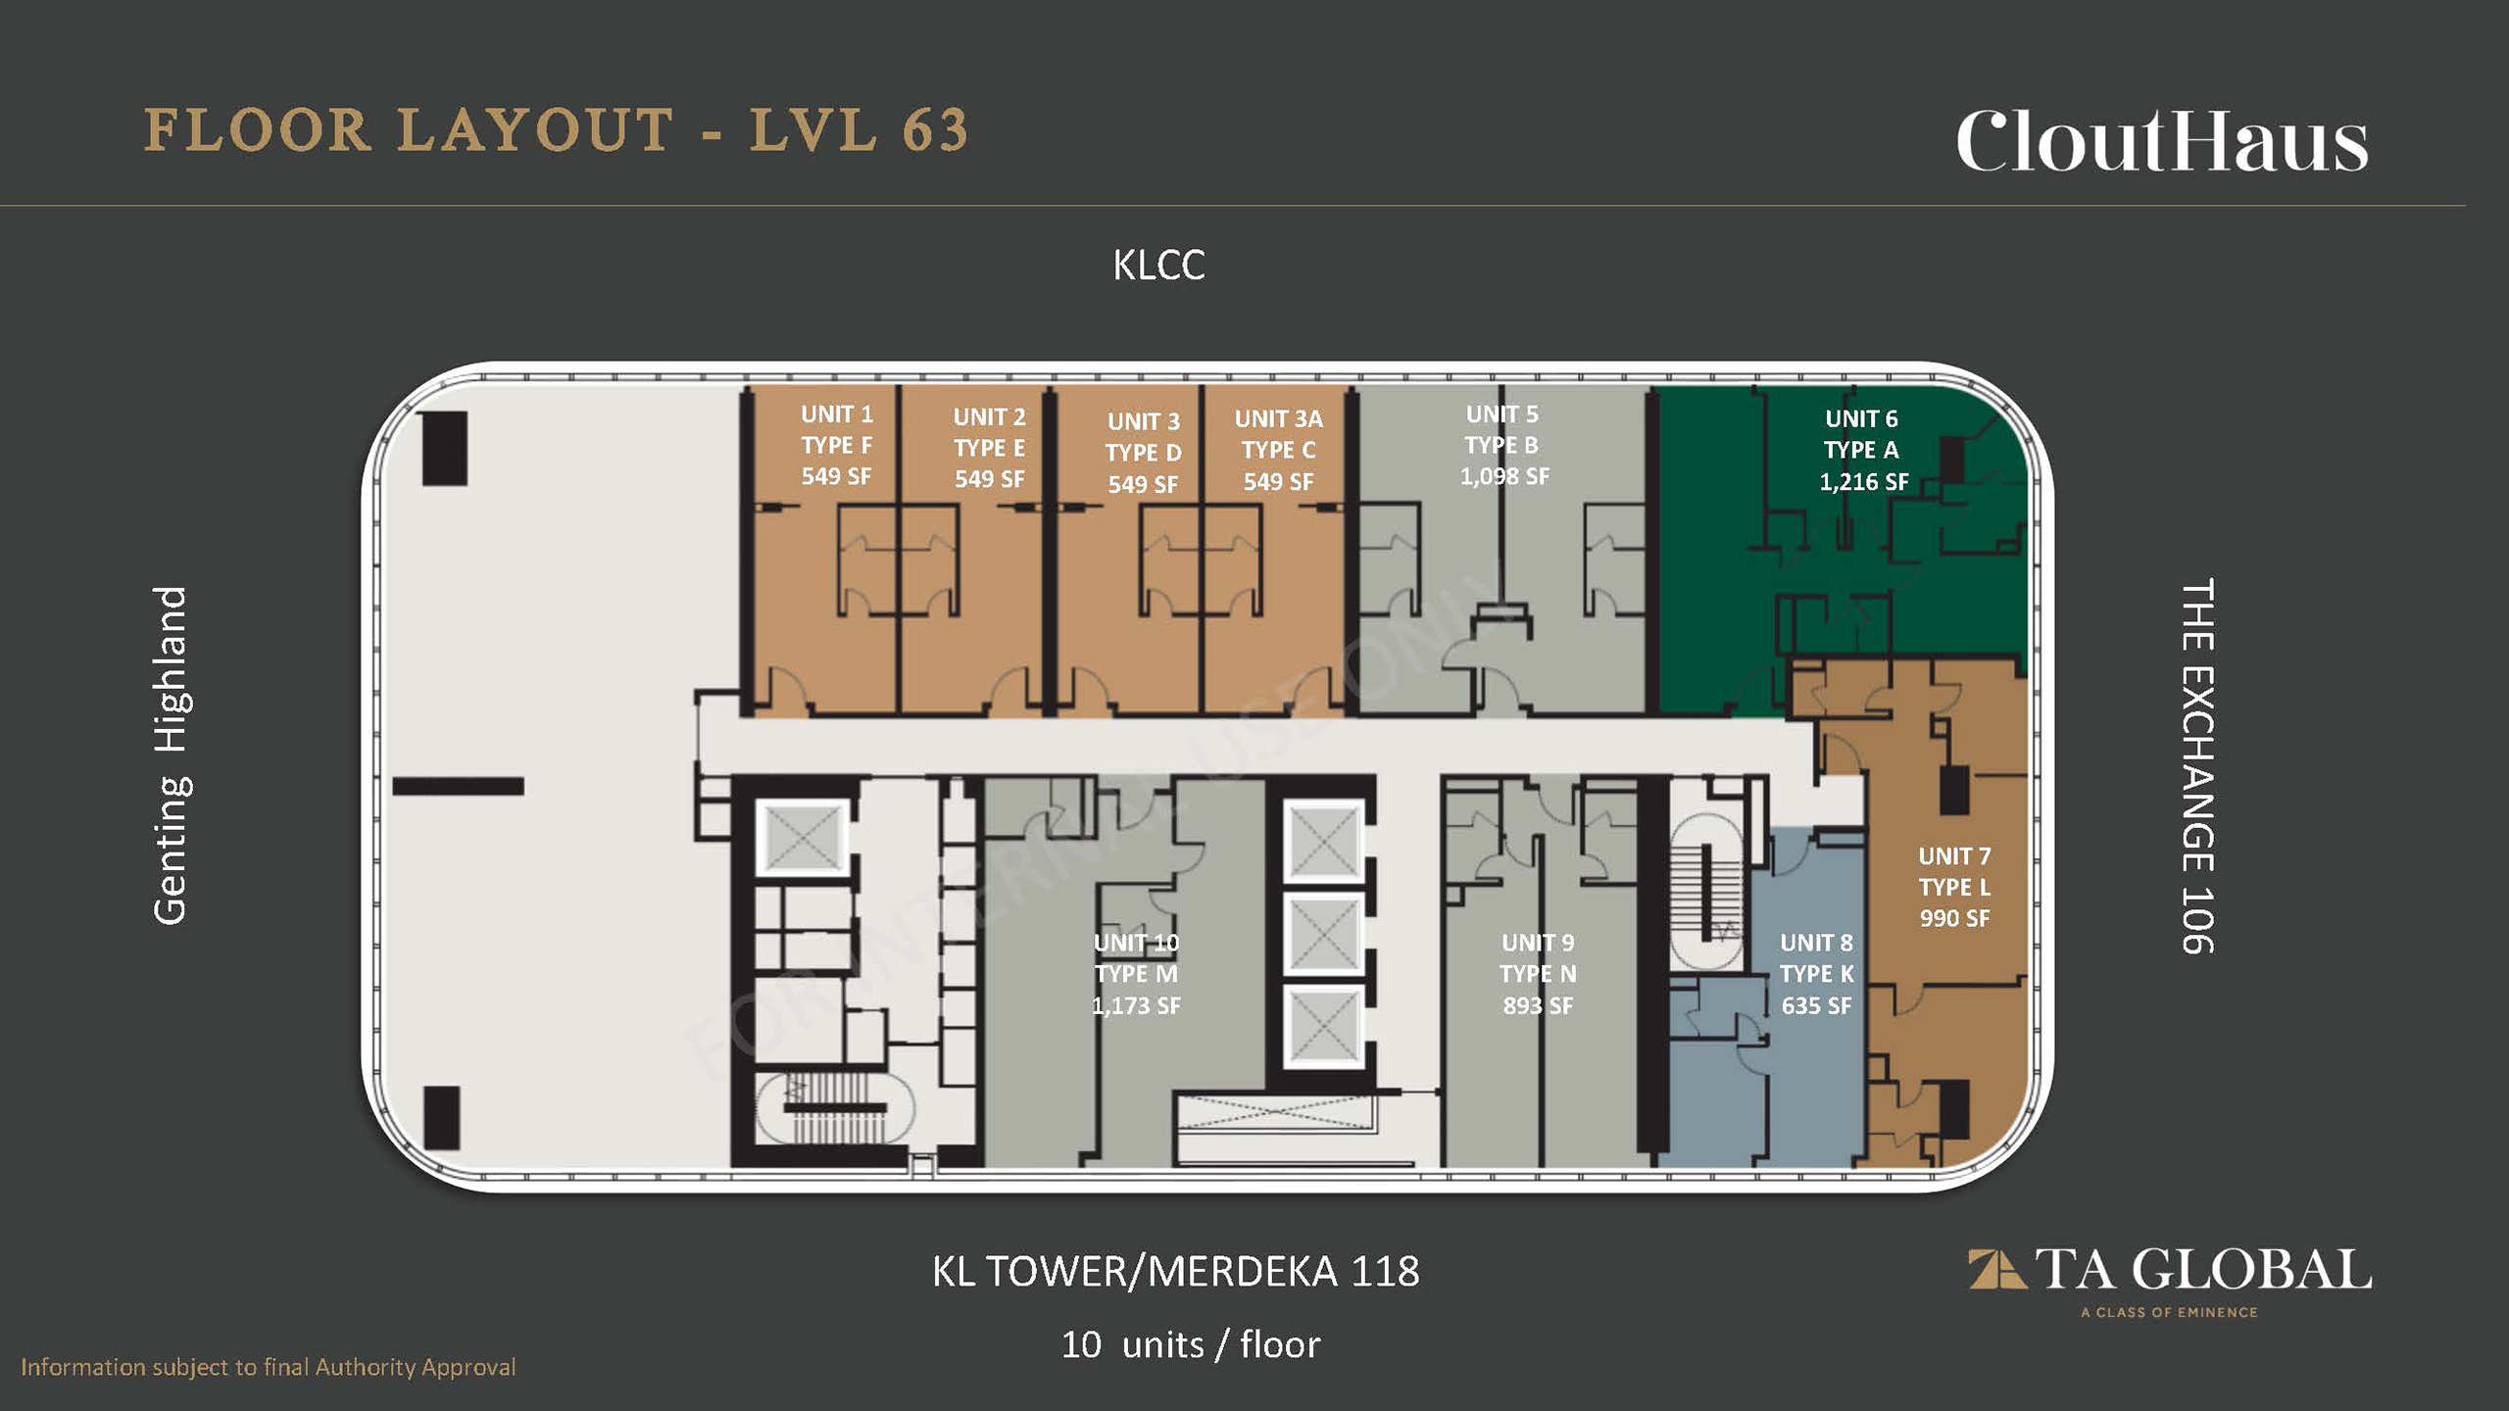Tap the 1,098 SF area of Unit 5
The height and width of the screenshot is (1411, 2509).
pyautogui.click(x=1504, y=477)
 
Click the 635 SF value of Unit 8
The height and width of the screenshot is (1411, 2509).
pyautogui.click(x=1816, y=1005)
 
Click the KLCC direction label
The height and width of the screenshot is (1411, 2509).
pyautogui.click(x=1158, y=266)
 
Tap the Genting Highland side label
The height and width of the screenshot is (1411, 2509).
pyautogui.click(x=171, y=754)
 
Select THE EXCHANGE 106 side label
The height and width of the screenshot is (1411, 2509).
pyautogui.click(x=2197, y=766)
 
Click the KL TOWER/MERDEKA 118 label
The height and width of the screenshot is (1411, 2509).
pyautogui.click(x=1175, y=1272)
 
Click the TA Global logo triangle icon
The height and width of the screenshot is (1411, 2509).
pyautogui.click(x=1997, y=1269)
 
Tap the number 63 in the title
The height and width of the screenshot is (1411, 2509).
pyautogui.click(x=935, y=130)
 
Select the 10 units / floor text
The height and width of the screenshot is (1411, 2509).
pyautogui.click(x=1191, y=1344)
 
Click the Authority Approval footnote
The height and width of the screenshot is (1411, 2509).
pyautogui.click(x=268, y=1367)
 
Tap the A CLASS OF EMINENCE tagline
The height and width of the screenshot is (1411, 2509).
pyautogui.click(x=2169, y=1312)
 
